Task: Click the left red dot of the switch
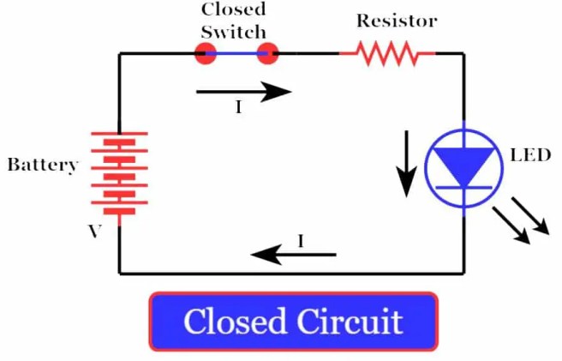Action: tap(205, 54)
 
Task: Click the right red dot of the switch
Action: tap(268, 54)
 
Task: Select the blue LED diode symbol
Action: tap(463, 165)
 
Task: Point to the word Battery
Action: tap(42, 165)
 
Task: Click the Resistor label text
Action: tap(397, 20)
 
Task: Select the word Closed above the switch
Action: tap(233, 9)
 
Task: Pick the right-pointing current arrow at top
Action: tap(244, 91)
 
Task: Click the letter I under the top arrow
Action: tap(238, 108)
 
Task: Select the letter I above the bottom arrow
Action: tap(301, 241)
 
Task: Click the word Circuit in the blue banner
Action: tap(350, 322)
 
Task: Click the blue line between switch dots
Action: tap(236, 54)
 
